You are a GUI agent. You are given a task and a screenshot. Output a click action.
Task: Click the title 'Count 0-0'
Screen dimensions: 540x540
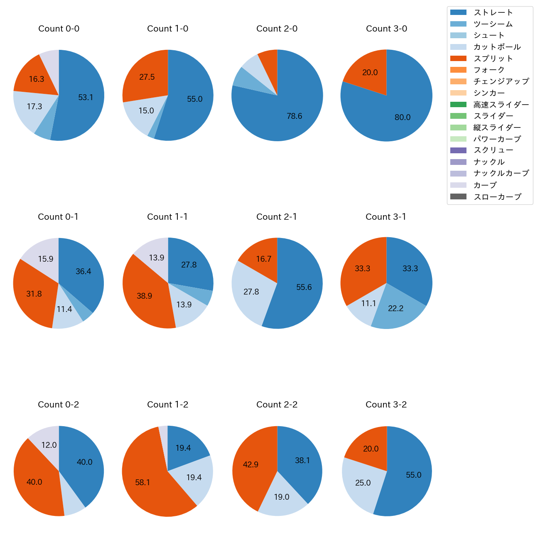(x=59, y=29)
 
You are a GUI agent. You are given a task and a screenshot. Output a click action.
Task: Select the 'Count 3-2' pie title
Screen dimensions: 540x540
(x=386, y=405)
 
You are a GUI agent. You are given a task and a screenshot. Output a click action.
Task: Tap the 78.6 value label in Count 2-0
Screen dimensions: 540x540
(x=294, y=116)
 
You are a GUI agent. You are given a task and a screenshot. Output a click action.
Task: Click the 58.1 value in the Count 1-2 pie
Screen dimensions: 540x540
(x=142, y=483)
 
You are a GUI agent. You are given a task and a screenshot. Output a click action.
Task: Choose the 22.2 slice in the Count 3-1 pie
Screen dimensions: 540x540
(x=395, y=308)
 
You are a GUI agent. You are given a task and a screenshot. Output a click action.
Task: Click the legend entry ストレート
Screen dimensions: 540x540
(x=493, y=12)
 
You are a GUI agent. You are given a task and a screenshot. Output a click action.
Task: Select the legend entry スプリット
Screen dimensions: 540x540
(x=493, y=59)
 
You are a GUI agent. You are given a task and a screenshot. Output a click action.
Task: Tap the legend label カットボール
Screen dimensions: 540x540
(x=497, y=47)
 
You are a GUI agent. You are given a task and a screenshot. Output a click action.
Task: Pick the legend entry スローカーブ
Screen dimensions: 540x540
(x=497, y=197)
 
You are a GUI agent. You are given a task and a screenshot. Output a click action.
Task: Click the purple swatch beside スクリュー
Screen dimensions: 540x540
(x=458, y=150)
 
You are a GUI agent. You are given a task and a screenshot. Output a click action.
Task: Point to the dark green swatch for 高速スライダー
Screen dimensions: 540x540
(x=458, y=104)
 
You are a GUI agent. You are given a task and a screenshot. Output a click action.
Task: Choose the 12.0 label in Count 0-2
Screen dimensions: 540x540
(x=49, y=445)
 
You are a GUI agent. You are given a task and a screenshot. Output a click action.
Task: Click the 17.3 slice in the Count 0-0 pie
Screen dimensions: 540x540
(x=34, y=107)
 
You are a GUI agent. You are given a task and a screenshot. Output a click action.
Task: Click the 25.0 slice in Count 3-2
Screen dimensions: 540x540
(x=363, y=483)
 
